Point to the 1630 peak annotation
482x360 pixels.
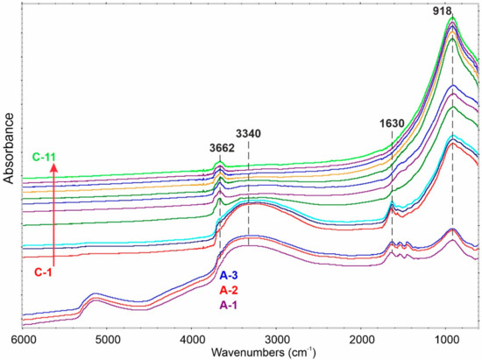tap(392, 124)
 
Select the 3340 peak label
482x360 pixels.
tap(249, 133)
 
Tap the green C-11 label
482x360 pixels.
tap(46, 158)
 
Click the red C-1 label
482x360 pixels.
tap(47, 272)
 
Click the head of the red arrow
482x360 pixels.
tap(54, 171)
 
